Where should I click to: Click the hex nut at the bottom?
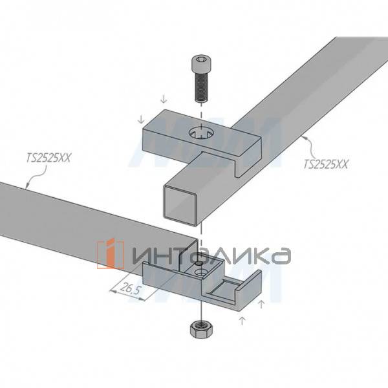point(200,329)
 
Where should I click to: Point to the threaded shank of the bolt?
point(201,87)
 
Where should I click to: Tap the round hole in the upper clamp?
point(202,135)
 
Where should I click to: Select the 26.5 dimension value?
point(130,289)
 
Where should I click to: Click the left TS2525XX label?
point(48,158)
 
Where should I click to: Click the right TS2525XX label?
point(326,164)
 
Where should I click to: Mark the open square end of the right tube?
point(180,205)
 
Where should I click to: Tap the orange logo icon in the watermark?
point(110,253)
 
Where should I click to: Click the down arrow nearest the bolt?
point(164,100)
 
